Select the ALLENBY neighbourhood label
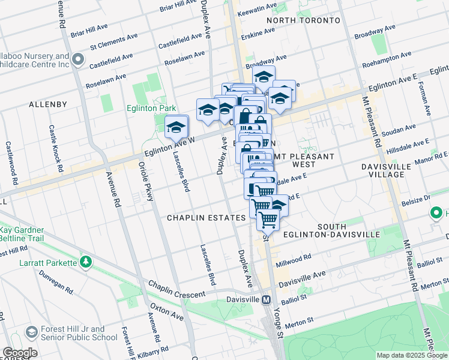[48, 104]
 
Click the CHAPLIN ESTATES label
[206, 218]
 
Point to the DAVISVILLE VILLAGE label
[387, 170]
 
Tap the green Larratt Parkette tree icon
[86, 262]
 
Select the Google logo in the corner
[20, 353]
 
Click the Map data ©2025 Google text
[411, 355]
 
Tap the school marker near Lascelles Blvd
[176, 127]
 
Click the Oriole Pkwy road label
[143, 176]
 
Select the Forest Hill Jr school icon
[31, 333]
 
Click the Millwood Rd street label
[294, 260]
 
